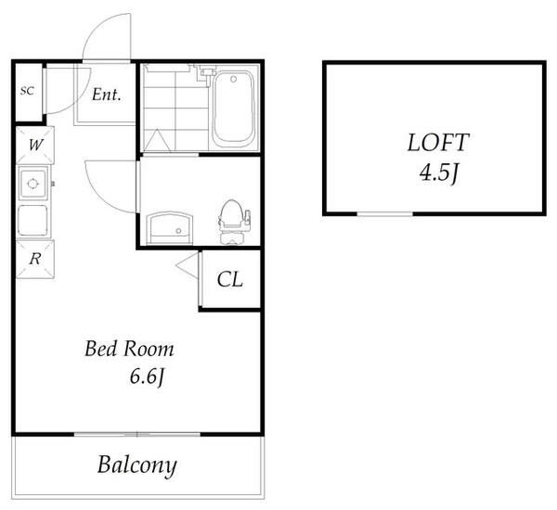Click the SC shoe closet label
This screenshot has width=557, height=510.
(27, 91)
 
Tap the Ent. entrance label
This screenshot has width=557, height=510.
(106, 95)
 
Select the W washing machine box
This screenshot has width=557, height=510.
(35, 145)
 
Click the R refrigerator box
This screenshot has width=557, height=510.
(35, 260)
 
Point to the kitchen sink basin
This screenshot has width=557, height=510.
(33, 184)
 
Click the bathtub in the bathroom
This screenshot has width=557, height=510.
(233, 109)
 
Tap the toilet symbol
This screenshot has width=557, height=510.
(233, 222)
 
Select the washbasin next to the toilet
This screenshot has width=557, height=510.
(170, 228)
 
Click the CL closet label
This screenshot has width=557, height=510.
(230, 280)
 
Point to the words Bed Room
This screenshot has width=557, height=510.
(129, 349)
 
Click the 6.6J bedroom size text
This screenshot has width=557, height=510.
(147, 376)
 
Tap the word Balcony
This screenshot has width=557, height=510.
(137, 465)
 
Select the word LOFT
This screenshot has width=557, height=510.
(437, 143)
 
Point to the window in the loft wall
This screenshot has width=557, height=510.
(384, 213)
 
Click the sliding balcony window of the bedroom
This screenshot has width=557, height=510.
(137, 434)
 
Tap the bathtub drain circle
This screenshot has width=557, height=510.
(233, 79)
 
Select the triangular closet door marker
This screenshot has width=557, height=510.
(187, 265)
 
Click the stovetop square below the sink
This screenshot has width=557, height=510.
(32, 220)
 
